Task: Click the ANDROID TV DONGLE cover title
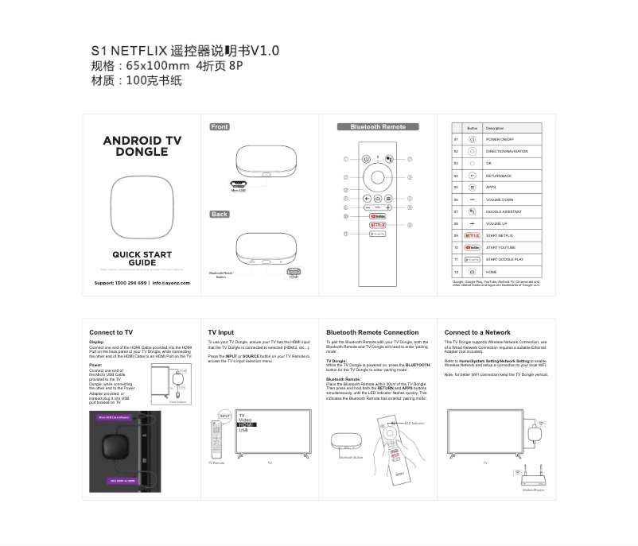pyautogui.click(x=142, y=145)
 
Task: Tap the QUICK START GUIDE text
pyautogui.click(x=142, y=258)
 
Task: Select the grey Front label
pyautogui.click(x=220, y=127)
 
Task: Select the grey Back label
pyautogui.click(x=220, y=214)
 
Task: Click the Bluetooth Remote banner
pyautogui.click(x=378, y=127)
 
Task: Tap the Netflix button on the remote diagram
pyautogui.click(x=378, y=225)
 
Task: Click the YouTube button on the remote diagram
pyautogui.click(x=378, y=215)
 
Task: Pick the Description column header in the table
pyautogui.click(x=495, y=128)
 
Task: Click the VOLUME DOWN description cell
pyautogui.click(x=500, y=199)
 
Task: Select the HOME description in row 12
pyautogui.click(x=492, y=272)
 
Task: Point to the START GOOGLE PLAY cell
pyautogui.click(x=504, y=259)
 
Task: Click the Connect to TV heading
pyautogui.click(x=111, y=332)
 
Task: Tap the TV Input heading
pyautogui.click(x=221, y=332)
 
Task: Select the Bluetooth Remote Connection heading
pyautogui.click(x=372, y=332)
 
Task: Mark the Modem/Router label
pyautogui.click(x=533, y=490)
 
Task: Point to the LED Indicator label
pyautogui.click(x=414, y=424)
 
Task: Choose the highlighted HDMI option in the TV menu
pyautogui.click(x=247, y=425)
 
